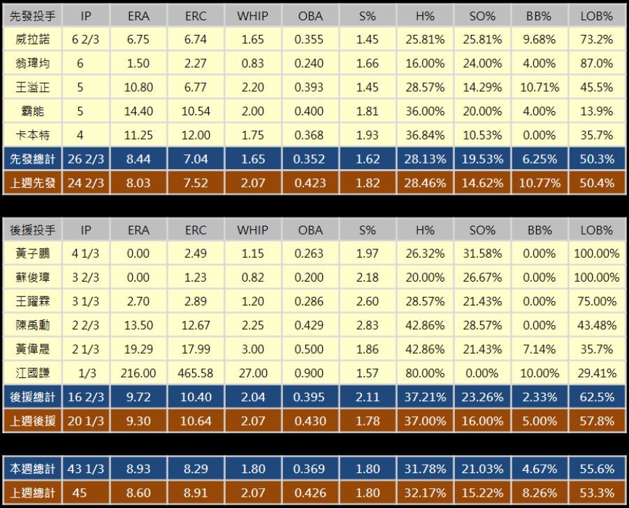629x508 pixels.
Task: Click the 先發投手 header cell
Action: click(33, 15)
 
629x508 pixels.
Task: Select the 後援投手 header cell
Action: click(33, 230)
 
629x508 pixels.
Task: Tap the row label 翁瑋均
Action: click(33, 64)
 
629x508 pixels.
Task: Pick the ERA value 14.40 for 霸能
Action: click(139, 111)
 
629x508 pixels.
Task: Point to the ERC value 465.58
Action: click(196, 373)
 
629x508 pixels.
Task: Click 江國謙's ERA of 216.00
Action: click(139, 373)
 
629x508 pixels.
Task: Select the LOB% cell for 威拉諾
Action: click(596, 39)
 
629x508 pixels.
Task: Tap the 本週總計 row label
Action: click(33, 469)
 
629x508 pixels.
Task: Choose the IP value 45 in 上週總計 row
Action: click(80, 493)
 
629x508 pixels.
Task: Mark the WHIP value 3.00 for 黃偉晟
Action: click(252, 349)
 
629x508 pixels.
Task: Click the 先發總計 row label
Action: click(33, 159)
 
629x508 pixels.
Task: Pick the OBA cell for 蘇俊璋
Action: click(310, 277)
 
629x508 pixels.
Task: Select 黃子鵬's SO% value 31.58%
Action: click(482, 254)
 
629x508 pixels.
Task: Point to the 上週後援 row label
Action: click(33, 421)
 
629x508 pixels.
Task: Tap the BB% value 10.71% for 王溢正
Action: click(539, 87)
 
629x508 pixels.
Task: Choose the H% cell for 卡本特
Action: click(424, 136)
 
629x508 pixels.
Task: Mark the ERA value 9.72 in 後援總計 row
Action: click(139, 397)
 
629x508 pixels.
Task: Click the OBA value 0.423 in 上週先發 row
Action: click(310, 183)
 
